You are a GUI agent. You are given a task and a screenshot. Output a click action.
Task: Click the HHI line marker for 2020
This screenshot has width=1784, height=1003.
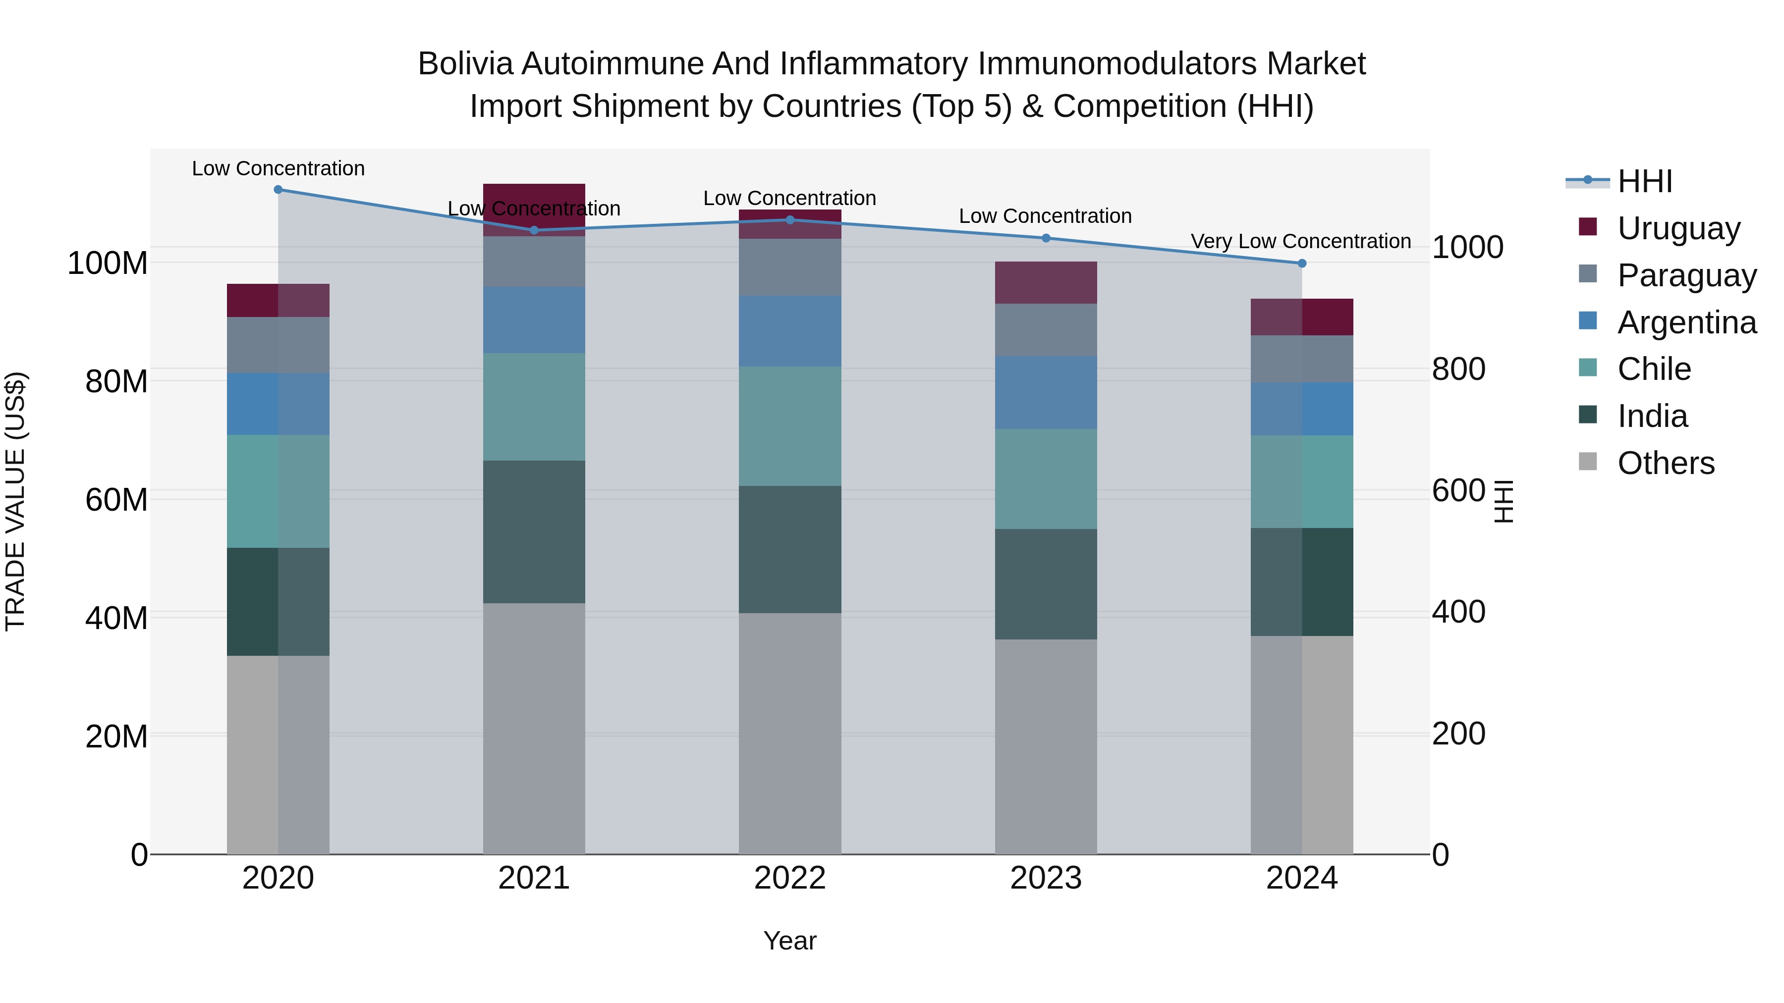(279, 189)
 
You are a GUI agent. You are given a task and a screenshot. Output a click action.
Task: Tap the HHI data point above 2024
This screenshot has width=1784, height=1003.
(1302, 263)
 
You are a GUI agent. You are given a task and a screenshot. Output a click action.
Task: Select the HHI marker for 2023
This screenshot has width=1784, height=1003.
(1046, 238)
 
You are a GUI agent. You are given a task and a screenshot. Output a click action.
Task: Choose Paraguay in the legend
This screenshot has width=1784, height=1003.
(1686, 275)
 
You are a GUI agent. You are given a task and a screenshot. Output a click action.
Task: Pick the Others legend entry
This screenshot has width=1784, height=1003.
(1666, 463)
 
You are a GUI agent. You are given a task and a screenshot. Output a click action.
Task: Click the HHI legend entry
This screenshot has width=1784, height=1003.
(1645, 181)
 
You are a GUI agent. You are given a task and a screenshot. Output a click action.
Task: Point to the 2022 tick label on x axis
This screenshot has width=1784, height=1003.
(789, 878)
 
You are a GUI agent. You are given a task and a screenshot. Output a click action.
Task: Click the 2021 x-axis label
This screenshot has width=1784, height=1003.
(534, 878)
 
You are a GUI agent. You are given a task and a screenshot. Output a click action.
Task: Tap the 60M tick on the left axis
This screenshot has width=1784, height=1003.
(116, 499)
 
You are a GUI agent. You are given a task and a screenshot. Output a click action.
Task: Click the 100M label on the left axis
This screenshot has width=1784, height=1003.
(108, 263)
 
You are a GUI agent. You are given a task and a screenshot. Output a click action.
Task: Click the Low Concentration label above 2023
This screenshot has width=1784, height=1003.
(1045, 216)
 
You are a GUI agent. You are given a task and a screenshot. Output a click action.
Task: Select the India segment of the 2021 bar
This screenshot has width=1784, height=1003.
(534, 531)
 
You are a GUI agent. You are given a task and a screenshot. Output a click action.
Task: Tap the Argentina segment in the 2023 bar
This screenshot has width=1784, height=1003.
(1046, 392)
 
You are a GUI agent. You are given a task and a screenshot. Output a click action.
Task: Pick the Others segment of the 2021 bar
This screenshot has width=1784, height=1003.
(534, 728)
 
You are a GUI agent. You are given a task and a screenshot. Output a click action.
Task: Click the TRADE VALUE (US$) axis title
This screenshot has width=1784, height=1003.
(15, 501)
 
